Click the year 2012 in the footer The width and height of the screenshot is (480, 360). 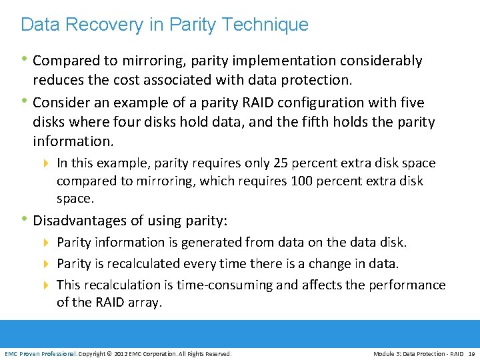[123, 353]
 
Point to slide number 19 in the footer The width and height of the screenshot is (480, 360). [472, 353]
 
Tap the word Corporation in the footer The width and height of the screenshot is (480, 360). [163, 353]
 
